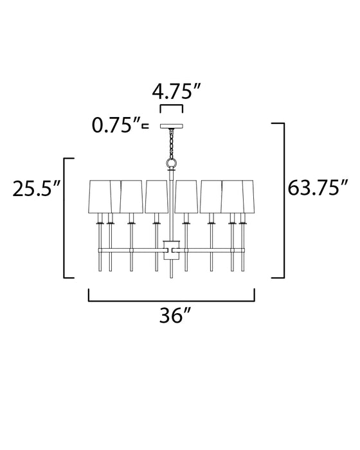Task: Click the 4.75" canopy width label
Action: point(172,91)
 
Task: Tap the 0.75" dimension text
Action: point(117,125)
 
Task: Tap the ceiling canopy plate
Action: point(172,126)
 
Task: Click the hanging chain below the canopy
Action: point(172,143)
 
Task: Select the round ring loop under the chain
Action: point(172,165)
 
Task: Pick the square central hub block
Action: point(171,247)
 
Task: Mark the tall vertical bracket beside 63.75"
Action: point(282,199)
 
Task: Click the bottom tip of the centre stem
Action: point(171,277)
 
